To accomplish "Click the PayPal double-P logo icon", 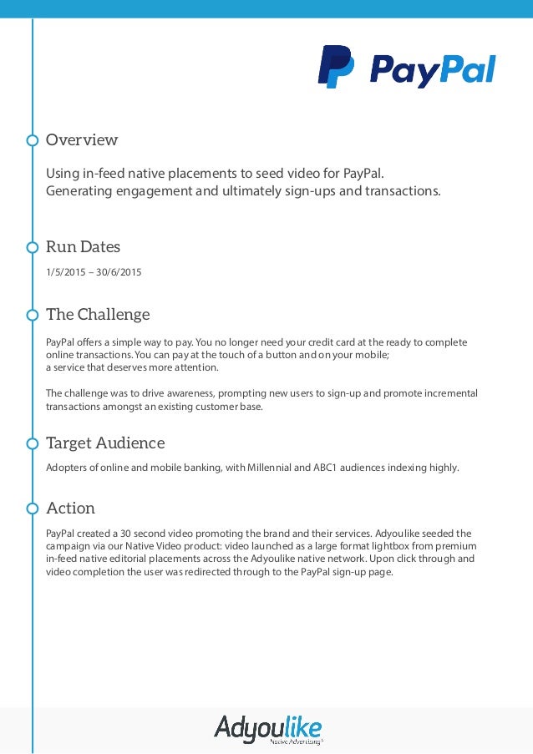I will (x=336, y=67).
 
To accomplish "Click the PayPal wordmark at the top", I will (x=433, y=70).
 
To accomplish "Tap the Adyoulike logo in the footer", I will (x=268, y=728).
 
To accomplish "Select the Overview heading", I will (x=82, y=139).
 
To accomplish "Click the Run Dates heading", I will (x=83, y=246).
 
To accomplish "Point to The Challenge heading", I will (x=98, y=314).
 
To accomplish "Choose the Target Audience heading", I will (x=105, y=443).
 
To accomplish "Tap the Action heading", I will (x=70, y=508).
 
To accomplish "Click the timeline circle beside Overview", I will (x=33, y=140).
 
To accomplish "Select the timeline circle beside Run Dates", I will (x=33, y=247).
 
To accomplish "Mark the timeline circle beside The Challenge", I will (x=33, y=315).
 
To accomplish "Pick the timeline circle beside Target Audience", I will (x=33, y=443).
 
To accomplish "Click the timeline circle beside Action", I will (x=33, y=509).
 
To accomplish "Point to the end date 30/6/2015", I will (x=118, y=271).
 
